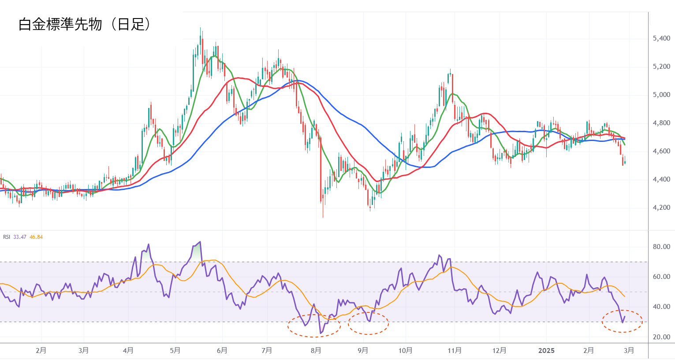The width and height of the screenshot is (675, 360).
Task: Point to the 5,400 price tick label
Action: [x=661, y=39]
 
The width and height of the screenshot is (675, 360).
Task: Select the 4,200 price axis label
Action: [x=661, y=208]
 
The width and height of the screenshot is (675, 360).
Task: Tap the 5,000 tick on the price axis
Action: [x=661, y=95]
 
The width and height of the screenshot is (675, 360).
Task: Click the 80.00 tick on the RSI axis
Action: [x=661, y=247]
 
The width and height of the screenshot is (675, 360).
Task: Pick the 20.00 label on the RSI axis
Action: [x=661, y=337]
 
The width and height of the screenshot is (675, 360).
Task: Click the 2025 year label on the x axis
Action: [x=546, y=351]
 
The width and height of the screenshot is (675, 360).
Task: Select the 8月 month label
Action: [x=316, y=351]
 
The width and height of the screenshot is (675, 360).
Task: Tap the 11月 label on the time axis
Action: [x=455, y=351]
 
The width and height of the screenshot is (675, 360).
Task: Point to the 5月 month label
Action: [x=175, y=351]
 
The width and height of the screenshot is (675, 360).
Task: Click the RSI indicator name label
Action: [x=7, y=237]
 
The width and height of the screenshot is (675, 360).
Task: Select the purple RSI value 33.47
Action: [x=20, y=237]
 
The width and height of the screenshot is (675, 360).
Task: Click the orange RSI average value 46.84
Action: [x=36, y=237]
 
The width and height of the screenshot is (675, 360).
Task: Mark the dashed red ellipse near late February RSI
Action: [x=622, y=321]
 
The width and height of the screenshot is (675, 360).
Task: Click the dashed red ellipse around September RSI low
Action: [x=368, y=323]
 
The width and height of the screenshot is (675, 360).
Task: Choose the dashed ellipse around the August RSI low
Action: [x=314, y=326]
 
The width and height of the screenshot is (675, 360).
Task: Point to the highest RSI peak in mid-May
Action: [x=200, y=242]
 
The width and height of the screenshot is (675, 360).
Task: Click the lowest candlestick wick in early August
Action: [x=323, y=217]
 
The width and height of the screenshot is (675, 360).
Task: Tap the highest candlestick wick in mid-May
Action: [x=200, y=28]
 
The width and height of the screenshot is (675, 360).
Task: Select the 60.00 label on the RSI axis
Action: [x=661, y=277]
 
